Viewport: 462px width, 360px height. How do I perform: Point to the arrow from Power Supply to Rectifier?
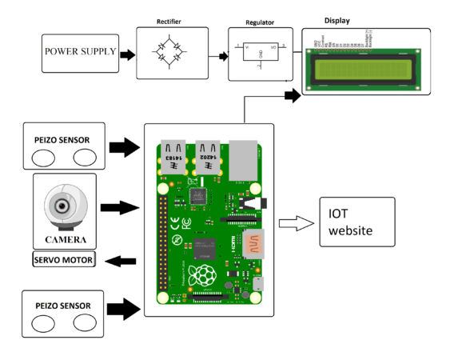click(x=126, y=54)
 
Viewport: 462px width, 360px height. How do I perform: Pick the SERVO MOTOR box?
click(x=64, y=260)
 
